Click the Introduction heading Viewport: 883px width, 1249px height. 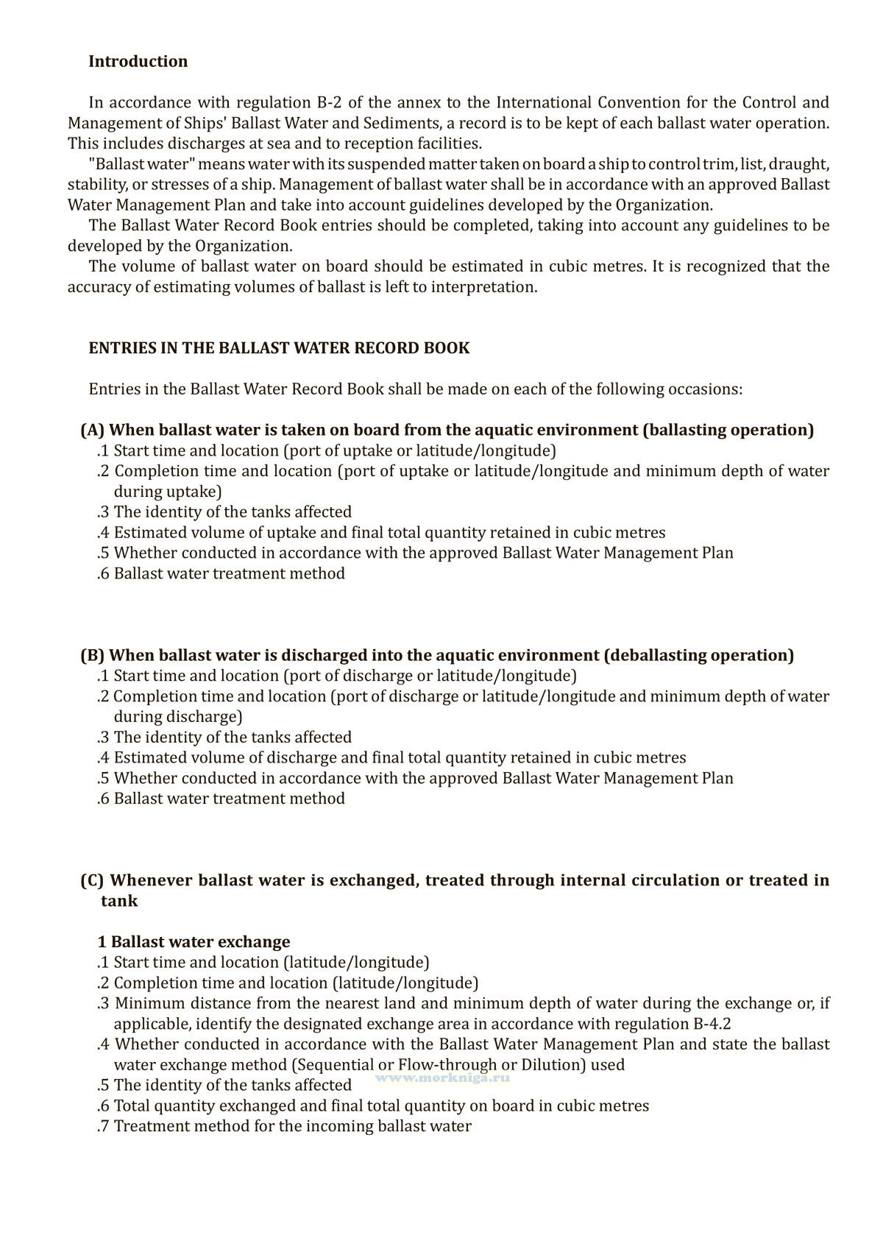point(138,62)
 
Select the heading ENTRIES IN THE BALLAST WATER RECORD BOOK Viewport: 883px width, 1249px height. point(279,348)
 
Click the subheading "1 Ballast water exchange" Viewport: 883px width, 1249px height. point(194,942)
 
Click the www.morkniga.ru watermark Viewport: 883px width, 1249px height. point(442,1077)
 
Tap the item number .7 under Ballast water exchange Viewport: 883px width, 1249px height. point(103,1126)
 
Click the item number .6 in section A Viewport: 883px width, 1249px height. point(103,573)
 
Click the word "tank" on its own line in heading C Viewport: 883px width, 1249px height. point(119,901)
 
